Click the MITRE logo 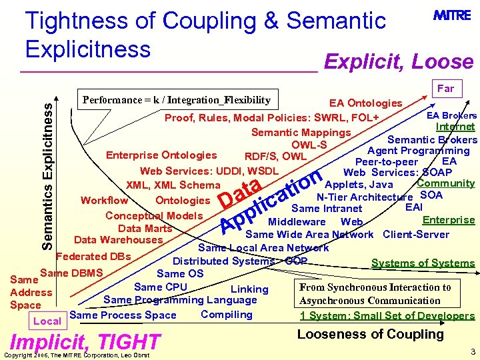click(453, 15)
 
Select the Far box click(445, 88)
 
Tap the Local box click(47, 321)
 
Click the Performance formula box click(176, 101)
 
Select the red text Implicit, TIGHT click(86, 342)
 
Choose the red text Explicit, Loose click(398, 62)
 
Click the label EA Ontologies click(366, 103)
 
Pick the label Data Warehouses click(118, 240)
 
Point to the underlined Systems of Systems click(423, 263)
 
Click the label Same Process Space click(123, 315)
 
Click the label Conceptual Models click(154, 215)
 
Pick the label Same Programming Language click(180, 300)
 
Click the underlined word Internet click(455, 127)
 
